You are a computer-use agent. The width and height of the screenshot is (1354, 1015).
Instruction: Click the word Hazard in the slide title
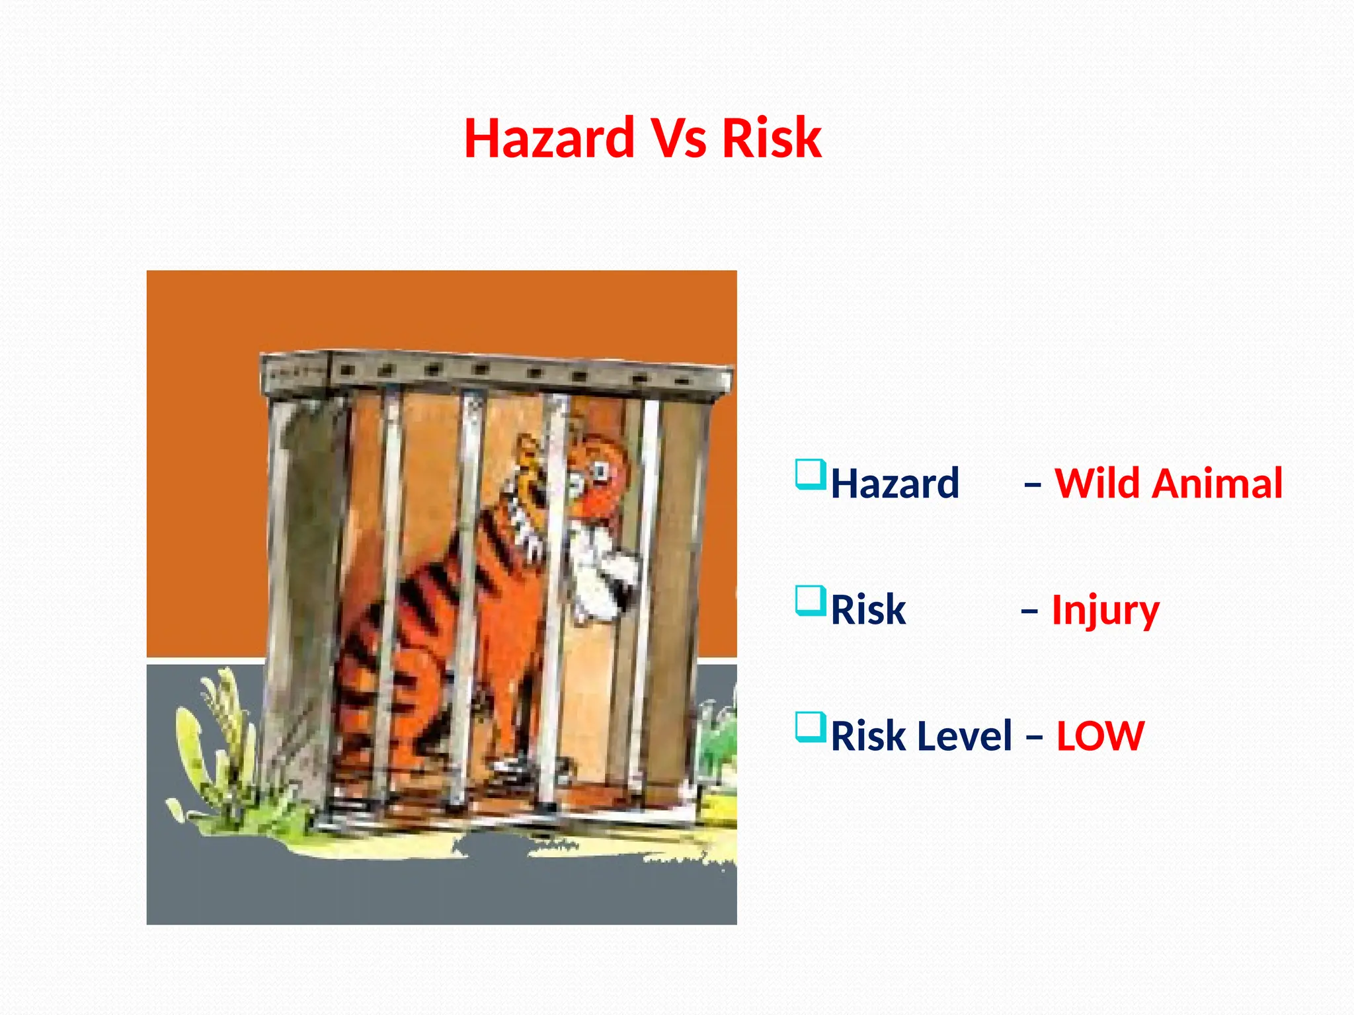pyautogui.click(x=549, y=138)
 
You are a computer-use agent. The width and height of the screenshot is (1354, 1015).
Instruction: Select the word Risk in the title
pyautogui.click(x=772, y=138)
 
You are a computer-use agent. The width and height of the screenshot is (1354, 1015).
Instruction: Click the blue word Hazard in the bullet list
pyautogui.click(x=895, y=483)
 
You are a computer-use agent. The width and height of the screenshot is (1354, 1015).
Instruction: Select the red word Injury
pyautogui.click(x=1105, y=611)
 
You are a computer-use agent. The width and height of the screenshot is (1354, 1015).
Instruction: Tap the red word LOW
pyautogui.click(x=1100, y=736)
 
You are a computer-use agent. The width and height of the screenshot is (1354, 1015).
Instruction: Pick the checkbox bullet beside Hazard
pyautogui.click(x=811, y=474)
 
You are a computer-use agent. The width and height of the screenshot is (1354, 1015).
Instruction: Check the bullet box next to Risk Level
pyautogui.click(x=811, y=727)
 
